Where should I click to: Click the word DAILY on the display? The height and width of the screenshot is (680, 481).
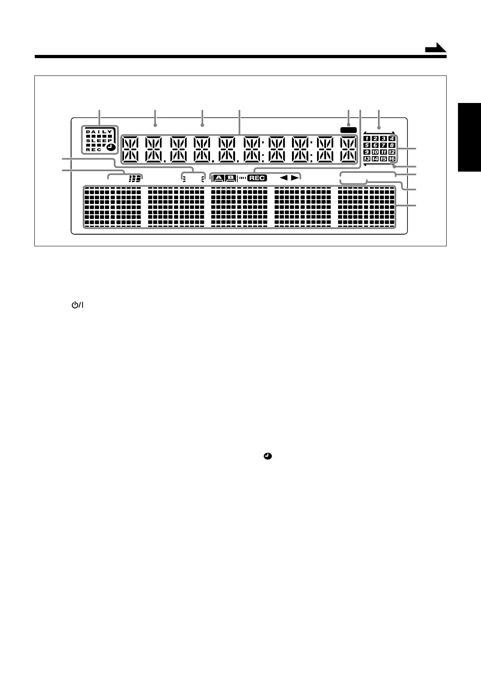[99, 132]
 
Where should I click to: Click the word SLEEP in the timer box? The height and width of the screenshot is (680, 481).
[99, 141]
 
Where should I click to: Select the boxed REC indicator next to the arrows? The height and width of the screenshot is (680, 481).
[257, 178]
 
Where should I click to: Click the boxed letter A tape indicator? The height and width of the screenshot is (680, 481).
[218, 178]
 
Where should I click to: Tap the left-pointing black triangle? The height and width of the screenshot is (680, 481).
[284, 178]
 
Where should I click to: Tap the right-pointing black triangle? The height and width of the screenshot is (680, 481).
[296, 178]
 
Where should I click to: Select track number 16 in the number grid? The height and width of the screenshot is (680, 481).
[391, 159]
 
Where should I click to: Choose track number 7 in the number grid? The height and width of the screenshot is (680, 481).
[383, 145]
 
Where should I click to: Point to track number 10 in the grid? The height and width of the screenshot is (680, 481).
[375, 152]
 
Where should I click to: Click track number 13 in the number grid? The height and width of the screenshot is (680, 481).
[367, 159]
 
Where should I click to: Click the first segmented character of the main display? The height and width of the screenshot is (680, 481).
[130, 149]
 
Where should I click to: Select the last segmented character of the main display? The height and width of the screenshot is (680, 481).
[348, 149]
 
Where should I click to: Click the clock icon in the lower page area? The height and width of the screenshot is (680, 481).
[267, 456]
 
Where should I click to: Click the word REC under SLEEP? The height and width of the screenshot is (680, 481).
[94, 149]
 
